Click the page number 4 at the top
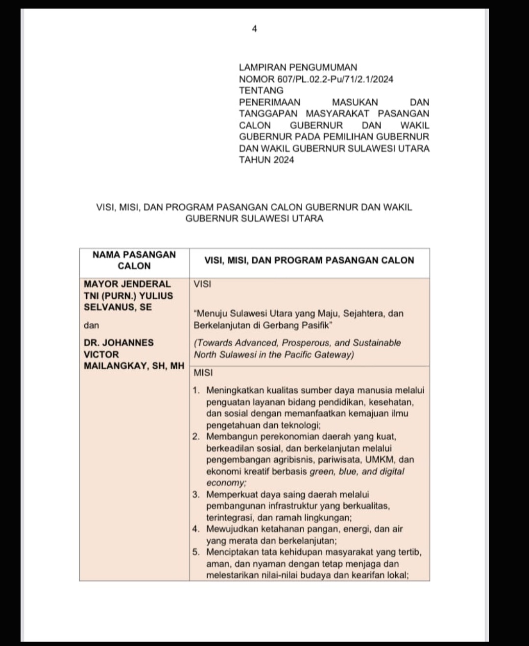(x=254, y=29)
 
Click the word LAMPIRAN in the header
(x=262, y=67)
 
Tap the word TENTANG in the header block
(x=261, y=90)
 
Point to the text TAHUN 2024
(x=266, y=160)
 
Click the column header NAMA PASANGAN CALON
(x=134, y=260)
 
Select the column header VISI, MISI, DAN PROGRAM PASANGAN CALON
(x=309, y=260)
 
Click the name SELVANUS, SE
(x=118, y=307)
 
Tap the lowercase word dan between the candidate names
(x=91, y=325)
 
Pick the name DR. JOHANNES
(x=119, y=342)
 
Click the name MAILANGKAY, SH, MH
(x=134, y=366)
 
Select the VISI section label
(x=202, y=284)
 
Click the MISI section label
(x=203, y=373)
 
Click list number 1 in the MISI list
(x=196, y=390)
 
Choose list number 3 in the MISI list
(x=196, y=494)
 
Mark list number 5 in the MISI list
(x=196, y=552)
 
